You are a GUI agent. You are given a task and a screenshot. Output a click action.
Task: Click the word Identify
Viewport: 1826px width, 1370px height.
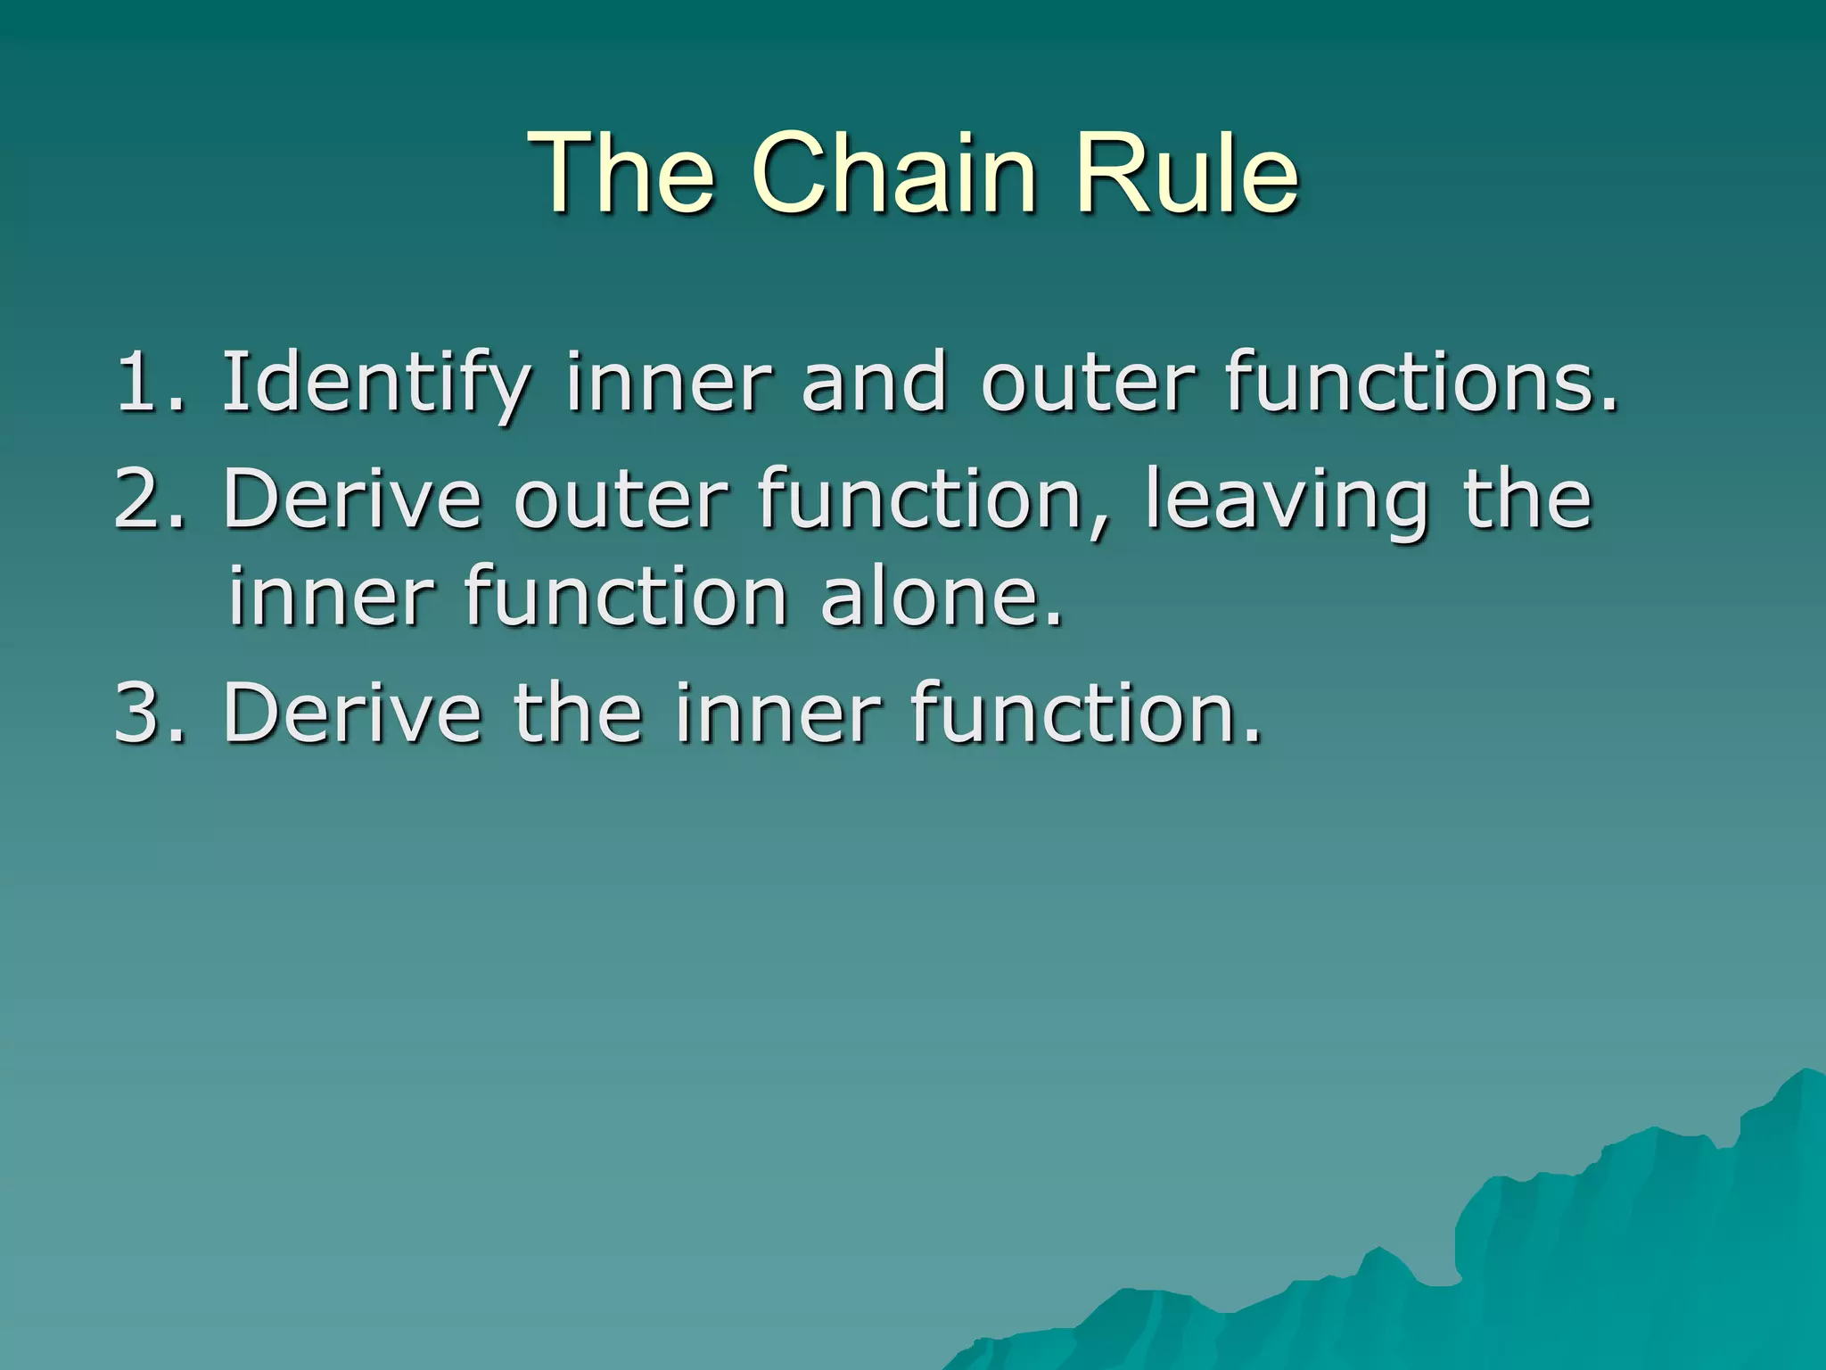374,384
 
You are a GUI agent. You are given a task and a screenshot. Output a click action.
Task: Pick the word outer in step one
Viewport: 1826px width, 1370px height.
1087,384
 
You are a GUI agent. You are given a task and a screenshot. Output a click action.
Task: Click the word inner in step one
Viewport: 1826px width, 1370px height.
668,384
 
